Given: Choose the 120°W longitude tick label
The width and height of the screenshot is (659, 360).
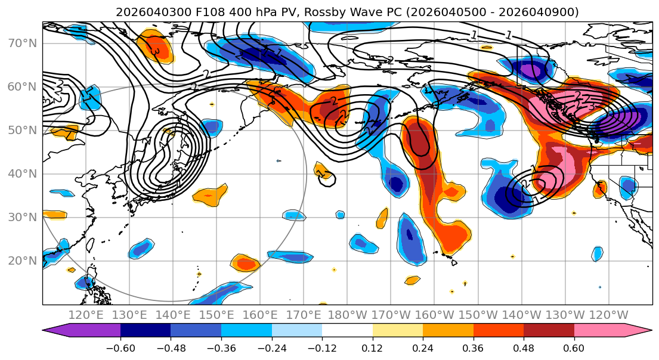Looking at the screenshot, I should pos(608,315).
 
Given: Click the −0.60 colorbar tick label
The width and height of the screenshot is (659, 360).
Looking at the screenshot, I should pos(120,349).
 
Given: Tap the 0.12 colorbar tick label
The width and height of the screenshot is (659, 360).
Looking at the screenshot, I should pos(372,349).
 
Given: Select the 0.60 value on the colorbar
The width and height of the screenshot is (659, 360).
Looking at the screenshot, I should pos(574,349).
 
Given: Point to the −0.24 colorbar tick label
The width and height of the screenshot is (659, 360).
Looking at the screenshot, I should pos(271,349).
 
